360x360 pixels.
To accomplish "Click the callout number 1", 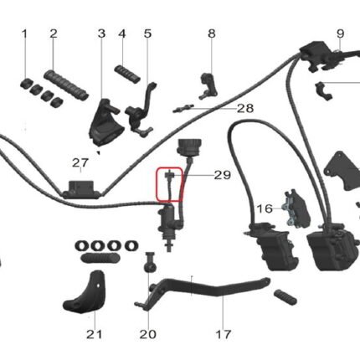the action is tap(25, 34).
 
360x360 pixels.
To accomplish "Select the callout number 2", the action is tap(54, 33).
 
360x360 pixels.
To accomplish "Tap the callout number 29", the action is tap(223, 175).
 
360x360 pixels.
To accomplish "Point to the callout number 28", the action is tap(245, 108).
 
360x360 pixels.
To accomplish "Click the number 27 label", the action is tap(80, 163).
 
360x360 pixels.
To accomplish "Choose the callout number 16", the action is tap(265, 208).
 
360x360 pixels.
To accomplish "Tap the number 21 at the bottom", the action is tap(95, 334).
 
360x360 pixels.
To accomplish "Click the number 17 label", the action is tap(224, 334).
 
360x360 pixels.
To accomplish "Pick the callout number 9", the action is tap(341, 33).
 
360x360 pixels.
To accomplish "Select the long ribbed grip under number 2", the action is tap(66, 85).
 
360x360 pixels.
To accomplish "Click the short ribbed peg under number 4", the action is tap(127, 74).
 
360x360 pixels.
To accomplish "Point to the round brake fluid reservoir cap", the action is tap(189, 146).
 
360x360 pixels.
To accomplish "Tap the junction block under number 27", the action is tap(80, 189).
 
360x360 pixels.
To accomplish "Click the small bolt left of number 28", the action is tap(183, 109).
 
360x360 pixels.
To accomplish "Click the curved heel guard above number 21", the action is tap(83, 292).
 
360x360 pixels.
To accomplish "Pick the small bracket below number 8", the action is tap(208, 86).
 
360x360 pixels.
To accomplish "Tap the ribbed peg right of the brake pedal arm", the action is tap(285, 297).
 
